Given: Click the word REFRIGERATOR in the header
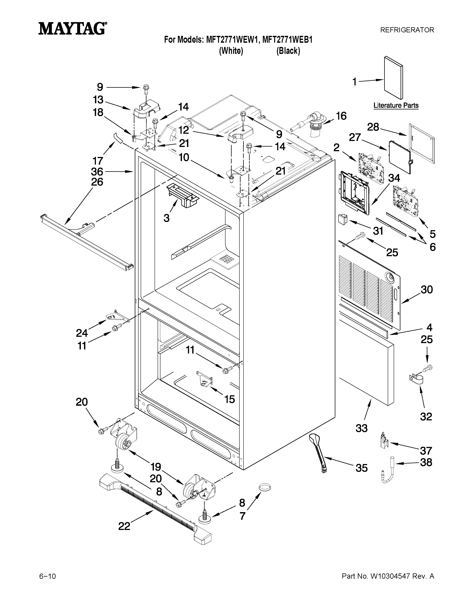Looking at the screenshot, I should point(407,30).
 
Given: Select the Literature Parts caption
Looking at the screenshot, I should point(396,106).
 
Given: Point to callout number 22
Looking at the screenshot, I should point(124,526).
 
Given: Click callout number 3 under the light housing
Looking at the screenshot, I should point(167,218).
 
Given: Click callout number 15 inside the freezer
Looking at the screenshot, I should point(229,399).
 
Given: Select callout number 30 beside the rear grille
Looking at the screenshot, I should point(427,289).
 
